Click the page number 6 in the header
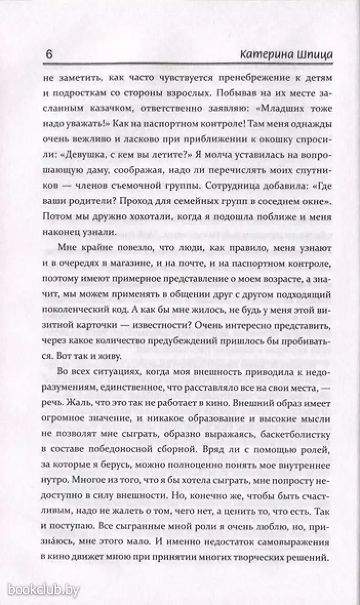tap(50, 55)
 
